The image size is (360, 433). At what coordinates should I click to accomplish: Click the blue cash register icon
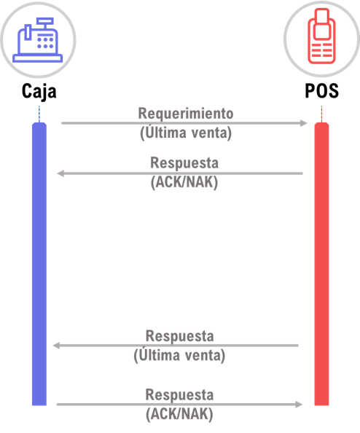click(38, 40)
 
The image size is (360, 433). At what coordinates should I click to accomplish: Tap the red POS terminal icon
click(321, 36)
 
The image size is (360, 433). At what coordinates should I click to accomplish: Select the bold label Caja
click(39, 91)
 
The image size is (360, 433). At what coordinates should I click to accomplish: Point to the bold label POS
click(321, 90)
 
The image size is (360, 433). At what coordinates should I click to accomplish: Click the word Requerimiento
click(186, 114)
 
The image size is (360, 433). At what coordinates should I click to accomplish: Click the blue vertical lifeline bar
click(39, 264)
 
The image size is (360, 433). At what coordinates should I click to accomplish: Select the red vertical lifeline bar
click(321, 264)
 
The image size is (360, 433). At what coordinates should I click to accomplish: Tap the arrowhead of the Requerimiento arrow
click(304, 123)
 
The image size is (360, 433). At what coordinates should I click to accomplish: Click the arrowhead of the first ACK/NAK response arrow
click(60, 173)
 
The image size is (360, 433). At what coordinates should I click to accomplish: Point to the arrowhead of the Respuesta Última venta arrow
click(56, 346)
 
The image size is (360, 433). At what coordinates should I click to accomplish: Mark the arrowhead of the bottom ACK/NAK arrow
click(299, 405)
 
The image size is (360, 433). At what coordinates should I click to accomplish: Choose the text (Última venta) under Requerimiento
click(186, 133)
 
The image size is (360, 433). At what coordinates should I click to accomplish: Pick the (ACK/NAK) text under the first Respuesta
click(184, 182)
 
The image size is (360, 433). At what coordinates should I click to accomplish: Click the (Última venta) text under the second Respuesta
click(179, 355)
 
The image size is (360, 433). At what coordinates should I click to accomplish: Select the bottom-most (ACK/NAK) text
click(179, 414)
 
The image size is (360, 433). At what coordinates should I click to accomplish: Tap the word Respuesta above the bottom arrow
click(179, 395)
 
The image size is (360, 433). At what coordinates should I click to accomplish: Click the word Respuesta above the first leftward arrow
click(184, 163)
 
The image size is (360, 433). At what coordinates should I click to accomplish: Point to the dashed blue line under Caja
click(39, 114)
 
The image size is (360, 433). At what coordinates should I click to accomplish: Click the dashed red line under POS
click(321, 114)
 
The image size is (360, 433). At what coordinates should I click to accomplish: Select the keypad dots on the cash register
click(45, 43)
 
